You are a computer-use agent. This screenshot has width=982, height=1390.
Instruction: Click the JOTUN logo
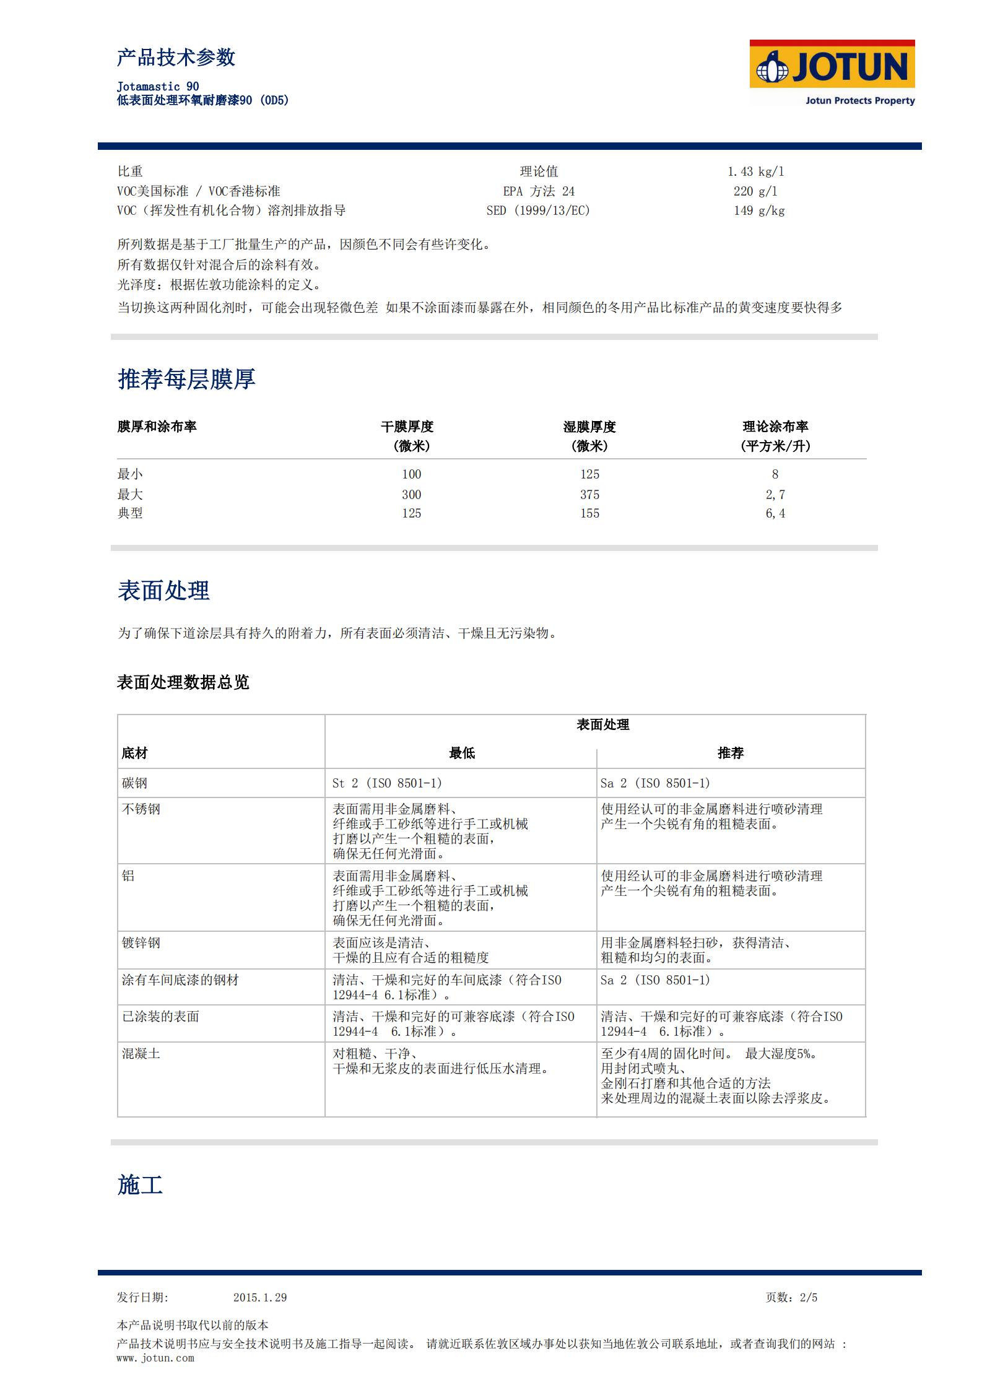coord(832,72)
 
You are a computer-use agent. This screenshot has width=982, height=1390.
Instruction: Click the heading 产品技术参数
coord(176,58)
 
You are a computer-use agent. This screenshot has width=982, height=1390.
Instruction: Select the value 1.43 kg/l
coord(755,172)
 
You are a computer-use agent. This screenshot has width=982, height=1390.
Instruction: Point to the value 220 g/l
coord(755,191)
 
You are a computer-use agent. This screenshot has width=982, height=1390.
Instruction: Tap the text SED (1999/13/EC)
coord(538,211)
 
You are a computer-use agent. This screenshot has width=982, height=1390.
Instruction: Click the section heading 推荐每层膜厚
coord(186,379)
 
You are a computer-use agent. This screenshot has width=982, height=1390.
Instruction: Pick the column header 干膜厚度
coord(407,427)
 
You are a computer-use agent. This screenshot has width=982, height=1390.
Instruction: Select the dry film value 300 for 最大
coord(411,495)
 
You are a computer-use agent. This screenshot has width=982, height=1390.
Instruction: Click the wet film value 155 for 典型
coord(589,513)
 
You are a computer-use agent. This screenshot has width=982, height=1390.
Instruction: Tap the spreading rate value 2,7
coord(775,495)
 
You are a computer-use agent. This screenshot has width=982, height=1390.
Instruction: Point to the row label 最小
coord(130,474)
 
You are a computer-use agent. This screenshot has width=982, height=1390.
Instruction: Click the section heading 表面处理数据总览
coord(183,682)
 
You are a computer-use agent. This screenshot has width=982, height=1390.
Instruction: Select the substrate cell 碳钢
coord(134,783)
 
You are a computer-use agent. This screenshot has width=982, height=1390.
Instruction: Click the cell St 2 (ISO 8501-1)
coord(387,783)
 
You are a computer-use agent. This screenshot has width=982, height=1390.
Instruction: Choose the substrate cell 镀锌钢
coord(141,943)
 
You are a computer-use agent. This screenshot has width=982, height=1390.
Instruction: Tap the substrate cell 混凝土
coord(141,1054)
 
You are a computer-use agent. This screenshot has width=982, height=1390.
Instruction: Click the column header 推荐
coord(731,753)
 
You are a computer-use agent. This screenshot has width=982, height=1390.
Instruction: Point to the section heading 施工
coord(140,1185)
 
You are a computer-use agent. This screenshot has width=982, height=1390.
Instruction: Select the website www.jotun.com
coord(155,1358)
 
